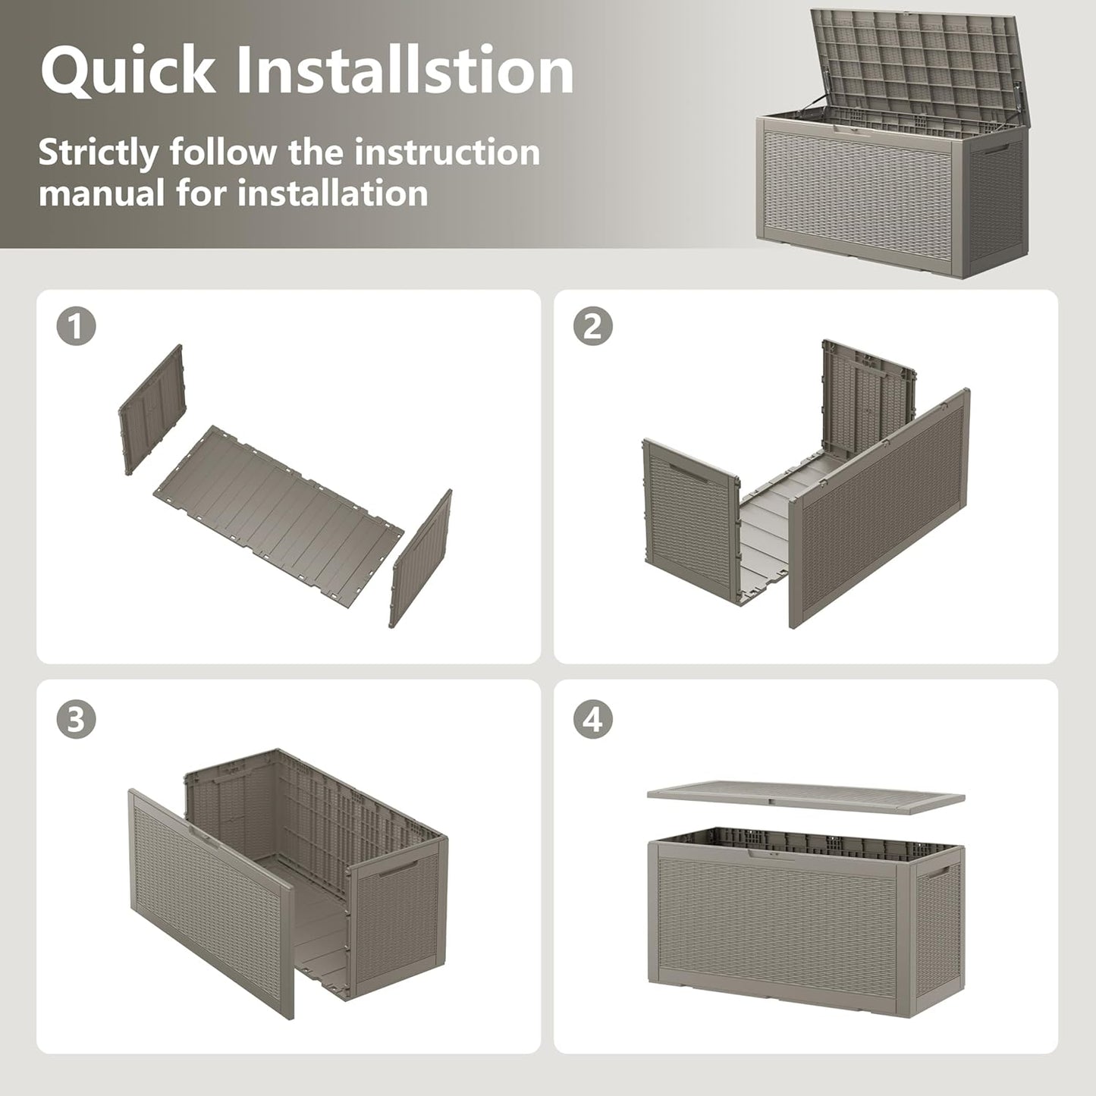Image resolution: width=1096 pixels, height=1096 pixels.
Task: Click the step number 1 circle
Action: tap(76, 326)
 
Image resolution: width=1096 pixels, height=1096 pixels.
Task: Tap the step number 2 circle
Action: tap(593, 326)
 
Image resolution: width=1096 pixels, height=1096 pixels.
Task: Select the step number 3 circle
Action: tap(76, 720)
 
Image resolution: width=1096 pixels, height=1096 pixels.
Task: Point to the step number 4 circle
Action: tap(593, 720)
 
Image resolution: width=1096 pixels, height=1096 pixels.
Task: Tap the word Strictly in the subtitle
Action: tap(99, 153)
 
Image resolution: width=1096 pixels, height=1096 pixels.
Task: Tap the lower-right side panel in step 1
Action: tap(421, 558)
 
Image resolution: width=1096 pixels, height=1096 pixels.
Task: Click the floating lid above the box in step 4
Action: tap(806, 798)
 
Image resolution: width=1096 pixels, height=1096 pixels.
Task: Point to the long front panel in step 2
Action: tap(879, 508)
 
